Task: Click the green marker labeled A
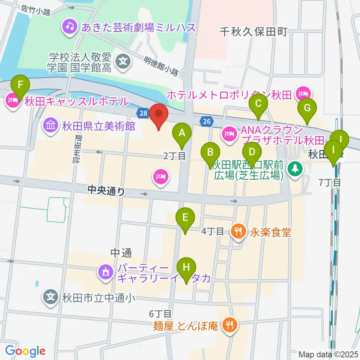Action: coord(182,132)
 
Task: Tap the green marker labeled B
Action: coord(210,152)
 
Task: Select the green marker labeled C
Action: coord(258,102)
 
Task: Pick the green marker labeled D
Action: coord(252,152)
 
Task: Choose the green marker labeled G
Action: coord(307,108)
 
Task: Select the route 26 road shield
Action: coord(207,121)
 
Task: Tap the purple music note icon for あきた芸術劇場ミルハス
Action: coord(69,26)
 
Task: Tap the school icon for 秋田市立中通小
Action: coord(51,298)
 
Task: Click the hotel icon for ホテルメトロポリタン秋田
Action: coord(302,93)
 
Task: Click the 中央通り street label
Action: coord(106,191)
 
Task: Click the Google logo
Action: coord(25,351)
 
